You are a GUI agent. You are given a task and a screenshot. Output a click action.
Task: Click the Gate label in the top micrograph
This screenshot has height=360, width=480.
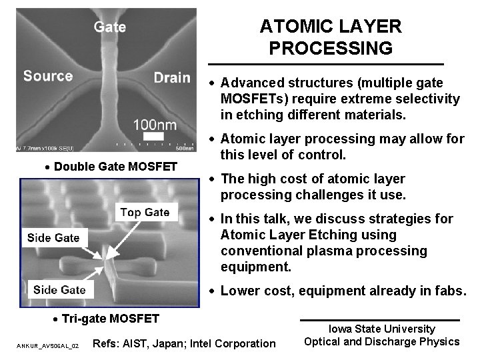[110, 28]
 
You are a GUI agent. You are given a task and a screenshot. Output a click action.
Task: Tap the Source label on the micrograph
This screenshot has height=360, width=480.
[48, 75]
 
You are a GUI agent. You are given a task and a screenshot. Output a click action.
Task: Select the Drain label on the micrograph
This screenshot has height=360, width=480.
[171, 77]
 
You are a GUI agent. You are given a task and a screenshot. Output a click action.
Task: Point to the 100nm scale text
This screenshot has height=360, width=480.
[155, 124]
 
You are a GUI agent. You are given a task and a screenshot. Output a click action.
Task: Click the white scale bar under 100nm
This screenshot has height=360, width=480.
[153, 136]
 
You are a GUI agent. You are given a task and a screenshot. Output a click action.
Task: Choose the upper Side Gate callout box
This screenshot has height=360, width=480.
[53, 237]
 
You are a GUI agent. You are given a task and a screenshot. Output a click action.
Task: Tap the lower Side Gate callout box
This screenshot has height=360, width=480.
[59, 289]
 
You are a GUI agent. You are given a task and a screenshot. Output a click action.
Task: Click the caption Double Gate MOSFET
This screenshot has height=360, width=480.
[113, 165]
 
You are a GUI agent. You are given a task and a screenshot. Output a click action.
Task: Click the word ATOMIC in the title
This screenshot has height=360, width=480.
[293, 27]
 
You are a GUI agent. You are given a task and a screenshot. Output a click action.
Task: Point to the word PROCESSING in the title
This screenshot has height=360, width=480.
[331, 49]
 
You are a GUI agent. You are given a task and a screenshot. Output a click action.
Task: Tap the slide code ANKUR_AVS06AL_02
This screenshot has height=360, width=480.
[47, 346]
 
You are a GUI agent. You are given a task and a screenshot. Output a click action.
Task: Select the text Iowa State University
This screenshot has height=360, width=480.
[381, 329]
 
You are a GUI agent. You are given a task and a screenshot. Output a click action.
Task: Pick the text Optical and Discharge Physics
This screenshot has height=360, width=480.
[381, 342]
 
